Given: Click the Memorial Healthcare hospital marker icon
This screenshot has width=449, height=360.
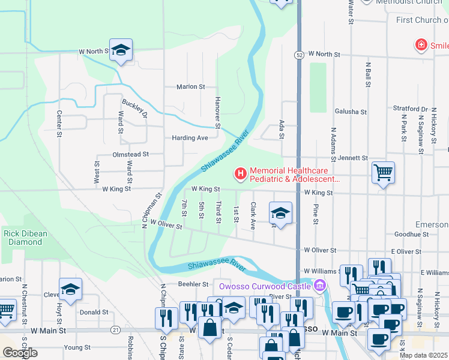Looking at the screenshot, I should coord(241,174).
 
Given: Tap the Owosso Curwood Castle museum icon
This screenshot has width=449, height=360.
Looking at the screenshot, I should coord(320,284).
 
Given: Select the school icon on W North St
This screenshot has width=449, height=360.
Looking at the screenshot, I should coord(121,50).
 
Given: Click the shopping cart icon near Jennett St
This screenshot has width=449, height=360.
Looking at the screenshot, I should coord(383,173).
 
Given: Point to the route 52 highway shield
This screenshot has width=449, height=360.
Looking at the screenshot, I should coord(298,55).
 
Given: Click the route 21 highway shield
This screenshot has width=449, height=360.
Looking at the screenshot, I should coord(116,330).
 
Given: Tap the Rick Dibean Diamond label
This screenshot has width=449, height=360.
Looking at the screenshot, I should coord(23,238).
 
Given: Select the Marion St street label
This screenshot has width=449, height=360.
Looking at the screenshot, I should coord(191,86).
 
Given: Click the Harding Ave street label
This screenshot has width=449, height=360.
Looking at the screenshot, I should coord(190,137).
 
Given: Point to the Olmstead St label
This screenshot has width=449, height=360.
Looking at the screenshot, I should coord(130,154).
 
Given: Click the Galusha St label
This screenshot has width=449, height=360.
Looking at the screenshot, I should coord(351,112).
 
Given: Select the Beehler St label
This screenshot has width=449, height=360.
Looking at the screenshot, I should coord(192,284).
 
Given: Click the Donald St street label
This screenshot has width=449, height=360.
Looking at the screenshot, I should coord(94,312).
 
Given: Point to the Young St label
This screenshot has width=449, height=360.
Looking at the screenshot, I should coord(77,347).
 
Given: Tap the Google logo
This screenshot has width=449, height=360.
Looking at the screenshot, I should coord(20,353).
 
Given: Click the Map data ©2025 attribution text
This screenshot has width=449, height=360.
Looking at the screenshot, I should coord(423,355).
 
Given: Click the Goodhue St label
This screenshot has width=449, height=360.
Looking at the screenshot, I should coord(411,235).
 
